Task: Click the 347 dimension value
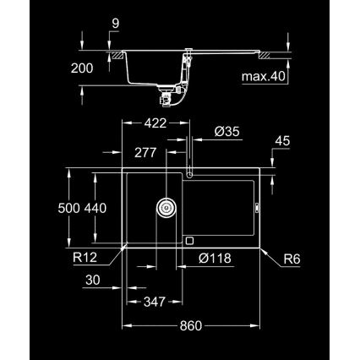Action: pyautogui.click(x=153, y=301)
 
